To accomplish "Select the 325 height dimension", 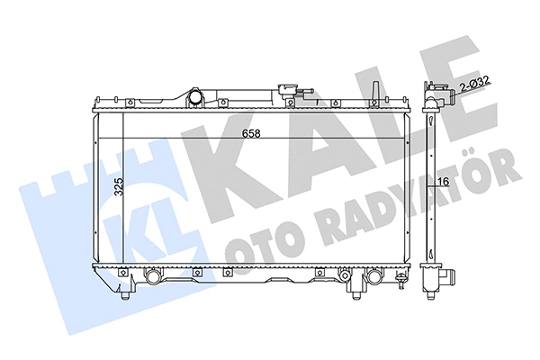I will (115, 188).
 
